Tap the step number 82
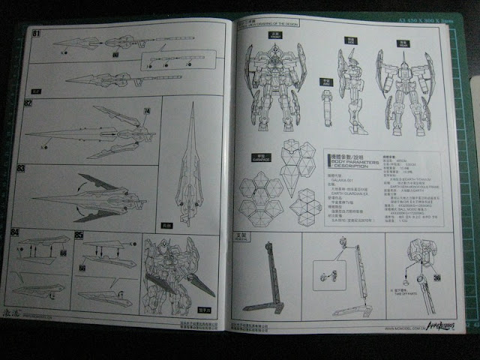28,102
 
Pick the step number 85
88,235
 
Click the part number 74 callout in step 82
146,111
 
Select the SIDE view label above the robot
349,38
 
